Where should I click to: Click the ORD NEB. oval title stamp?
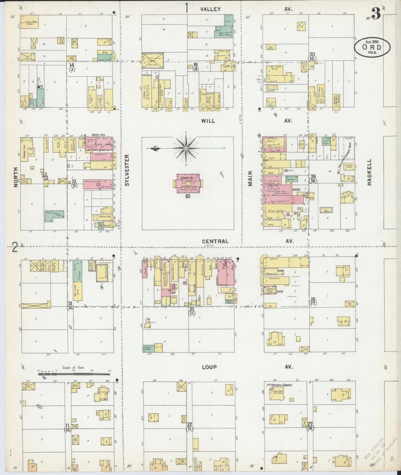pos(372,47)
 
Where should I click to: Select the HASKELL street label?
pos(369,172)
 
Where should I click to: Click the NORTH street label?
pos(16,177)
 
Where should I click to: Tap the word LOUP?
pos(209,367)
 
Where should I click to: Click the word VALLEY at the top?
pos(210,9)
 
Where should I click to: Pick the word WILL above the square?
pos(208,121)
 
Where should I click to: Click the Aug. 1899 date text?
pos(372,42)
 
